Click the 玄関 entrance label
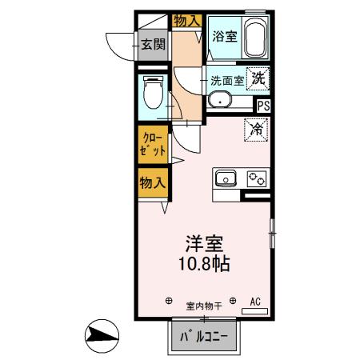click(x=154, y=44)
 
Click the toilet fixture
click(x=152, y=94)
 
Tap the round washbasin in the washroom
click(x=219, y=100)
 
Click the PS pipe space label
click(x=263, y=104)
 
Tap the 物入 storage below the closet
click(x=153, y=182)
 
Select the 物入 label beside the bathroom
click(x=186, y=20)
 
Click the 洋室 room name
click(x=205, y=243)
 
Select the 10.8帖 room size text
click(x=205, y=263)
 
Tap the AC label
click(x=256, y=302)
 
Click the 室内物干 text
click(x=201, y=305)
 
